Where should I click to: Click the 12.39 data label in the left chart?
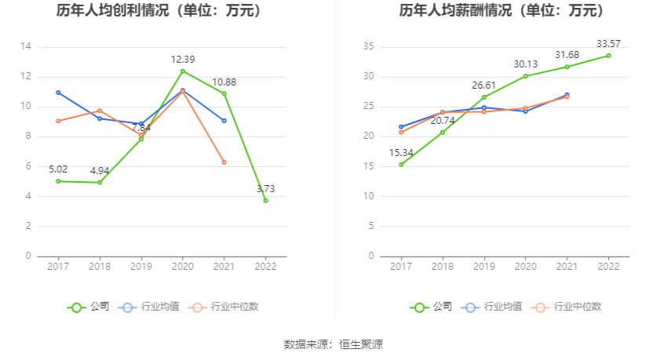click(182, 60)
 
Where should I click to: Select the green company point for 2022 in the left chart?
click(265, 200)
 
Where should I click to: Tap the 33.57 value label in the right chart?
click(608, 43)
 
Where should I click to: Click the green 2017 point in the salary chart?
click(401, 165)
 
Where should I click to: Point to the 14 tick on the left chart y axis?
click(26, 47)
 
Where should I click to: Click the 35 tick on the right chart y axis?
click(368, 47)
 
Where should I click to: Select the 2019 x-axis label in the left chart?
click(141, 267)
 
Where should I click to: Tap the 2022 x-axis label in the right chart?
click(608, 267)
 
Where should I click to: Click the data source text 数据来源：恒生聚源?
click(333, 344)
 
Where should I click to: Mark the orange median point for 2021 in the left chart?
click(224, 162)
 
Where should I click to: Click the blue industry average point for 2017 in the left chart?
click(58, 93)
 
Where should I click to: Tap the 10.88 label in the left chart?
click(224, 82)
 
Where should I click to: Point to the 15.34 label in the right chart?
click(401, 152)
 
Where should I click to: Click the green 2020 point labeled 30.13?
click(526, 76)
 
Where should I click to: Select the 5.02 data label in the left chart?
click(58, 169)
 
